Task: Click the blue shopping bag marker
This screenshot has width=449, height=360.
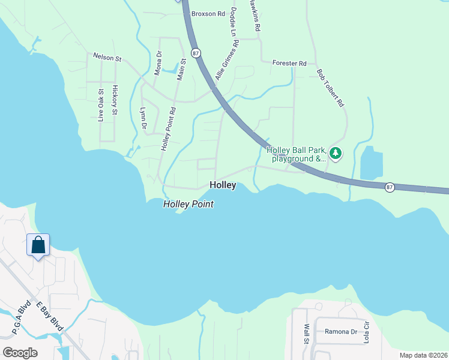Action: pos(38,245)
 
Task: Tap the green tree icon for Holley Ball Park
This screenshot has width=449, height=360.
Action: pos(336,154)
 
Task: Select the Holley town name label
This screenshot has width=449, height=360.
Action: pos(222,185)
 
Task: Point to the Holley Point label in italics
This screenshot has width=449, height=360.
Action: pos(188,205)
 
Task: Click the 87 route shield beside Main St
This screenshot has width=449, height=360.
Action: pos(196,53)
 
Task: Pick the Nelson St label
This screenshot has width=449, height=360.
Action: pos(107,58)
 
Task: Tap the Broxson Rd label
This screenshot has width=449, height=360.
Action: pos(207,13)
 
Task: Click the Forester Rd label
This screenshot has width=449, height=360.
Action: pos(289,63)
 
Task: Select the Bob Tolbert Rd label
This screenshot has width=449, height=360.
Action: pos(331,88)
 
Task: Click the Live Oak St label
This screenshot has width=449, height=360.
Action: pos(101,105)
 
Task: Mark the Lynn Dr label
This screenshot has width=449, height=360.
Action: pos(143,118)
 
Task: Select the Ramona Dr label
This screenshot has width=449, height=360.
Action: pos(341,331)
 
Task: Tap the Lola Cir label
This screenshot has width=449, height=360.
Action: pos(366,332)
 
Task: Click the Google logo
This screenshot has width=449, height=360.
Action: pos(19,353)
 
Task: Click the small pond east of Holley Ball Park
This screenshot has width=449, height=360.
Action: pos(371,162)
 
